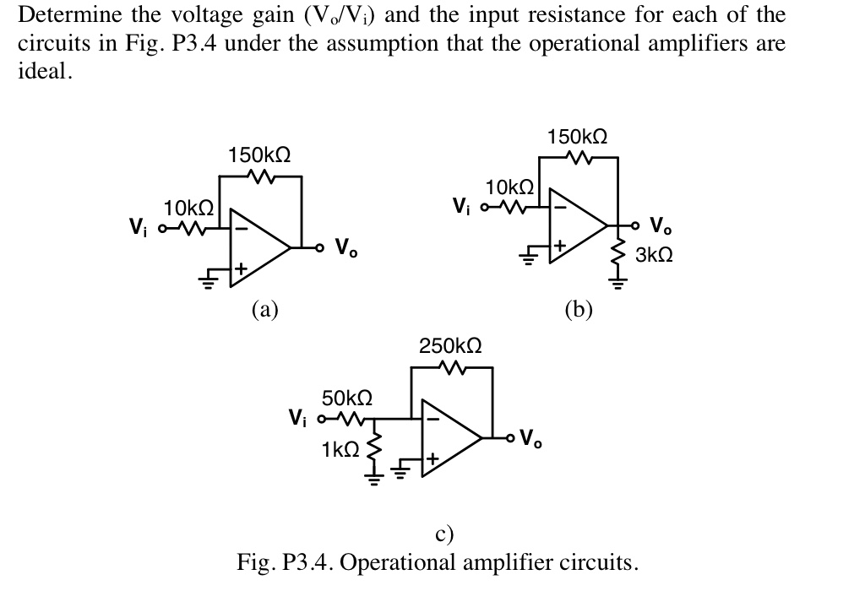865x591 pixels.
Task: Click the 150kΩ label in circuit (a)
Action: pos(259,155)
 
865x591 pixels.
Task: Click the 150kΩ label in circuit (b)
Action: pos(578,136)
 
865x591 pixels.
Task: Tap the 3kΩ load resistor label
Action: pos(654,254)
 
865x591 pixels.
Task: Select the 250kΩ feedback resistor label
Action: pos(451,346)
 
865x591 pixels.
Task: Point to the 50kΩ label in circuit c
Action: pos(347,397)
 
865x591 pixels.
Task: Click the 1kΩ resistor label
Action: pos(340,450)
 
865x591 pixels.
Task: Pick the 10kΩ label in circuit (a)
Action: pos(188,208)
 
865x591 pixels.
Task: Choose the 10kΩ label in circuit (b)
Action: pos(509,186)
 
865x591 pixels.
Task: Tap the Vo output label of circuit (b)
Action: pos(661,225)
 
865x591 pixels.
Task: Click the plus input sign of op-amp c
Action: pos(432,460)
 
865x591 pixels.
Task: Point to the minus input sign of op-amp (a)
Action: pos(241,227)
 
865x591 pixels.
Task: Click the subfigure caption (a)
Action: pos(264,309)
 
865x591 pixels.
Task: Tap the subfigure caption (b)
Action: pos(579,309)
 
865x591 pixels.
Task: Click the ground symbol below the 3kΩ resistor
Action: pos(617,282)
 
